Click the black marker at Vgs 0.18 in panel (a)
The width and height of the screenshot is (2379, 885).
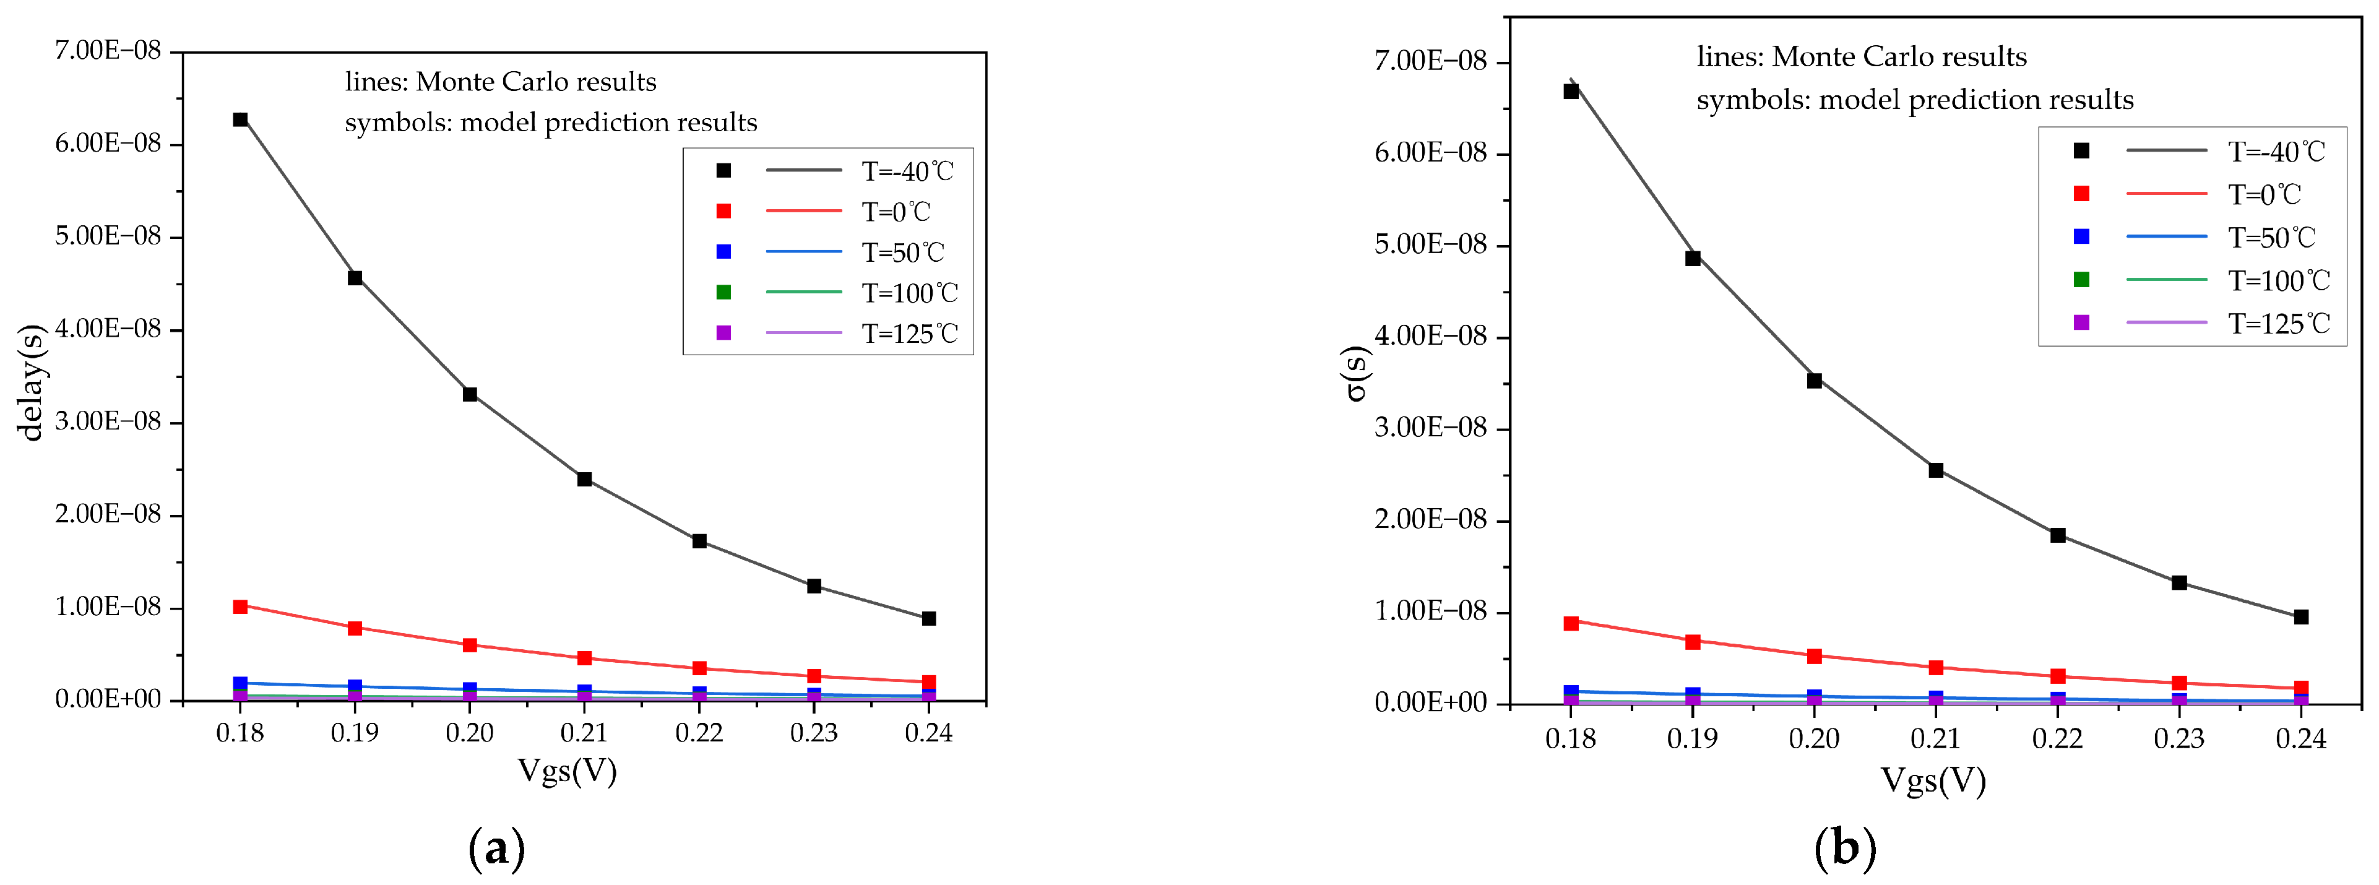tap(240, 119)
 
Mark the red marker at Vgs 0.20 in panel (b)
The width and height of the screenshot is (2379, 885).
tap(1814, 656)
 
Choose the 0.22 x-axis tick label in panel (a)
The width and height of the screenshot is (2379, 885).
tap(699, 733)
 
